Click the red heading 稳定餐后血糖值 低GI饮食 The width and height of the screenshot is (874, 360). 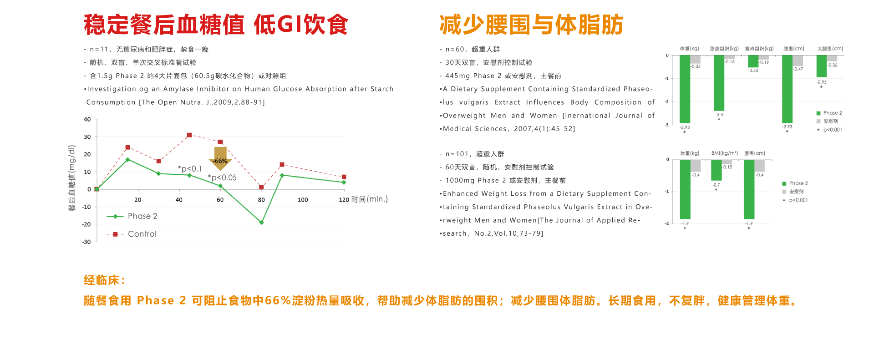[216, 25]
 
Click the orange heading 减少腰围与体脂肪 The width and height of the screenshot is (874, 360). [531, 25]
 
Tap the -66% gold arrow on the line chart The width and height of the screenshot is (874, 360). [220, 158]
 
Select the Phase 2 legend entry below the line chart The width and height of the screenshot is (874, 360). [132, 216]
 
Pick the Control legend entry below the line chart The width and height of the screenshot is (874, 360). [132, 234]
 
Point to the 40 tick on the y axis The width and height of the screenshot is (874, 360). [87, 119]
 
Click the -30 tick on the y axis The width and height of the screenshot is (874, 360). [86, 242]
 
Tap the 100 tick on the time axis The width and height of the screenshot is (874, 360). [303, 200]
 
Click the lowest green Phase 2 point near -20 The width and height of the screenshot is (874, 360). [261, 223]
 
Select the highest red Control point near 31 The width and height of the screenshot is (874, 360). [189, 135]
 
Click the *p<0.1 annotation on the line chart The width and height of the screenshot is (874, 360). [190, 169]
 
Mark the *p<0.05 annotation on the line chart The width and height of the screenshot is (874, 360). [222, 177]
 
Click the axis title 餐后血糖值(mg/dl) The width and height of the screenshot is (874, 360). [71, 178]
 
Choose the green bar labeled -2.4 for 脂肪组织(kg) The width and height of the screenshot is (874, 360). [719, 83]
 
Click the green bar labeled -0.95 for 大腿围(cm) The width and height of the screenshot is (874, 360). [821, 66]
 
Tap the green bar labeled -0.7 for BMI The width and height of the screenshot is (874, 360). [716, 170]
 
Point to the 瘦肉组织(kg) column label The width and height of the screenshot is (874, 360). [759, 49]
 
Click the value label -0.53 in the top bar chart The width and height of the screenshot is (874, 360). [753, 71]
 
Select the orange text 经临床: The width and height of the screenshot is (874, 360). [104, 280]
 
